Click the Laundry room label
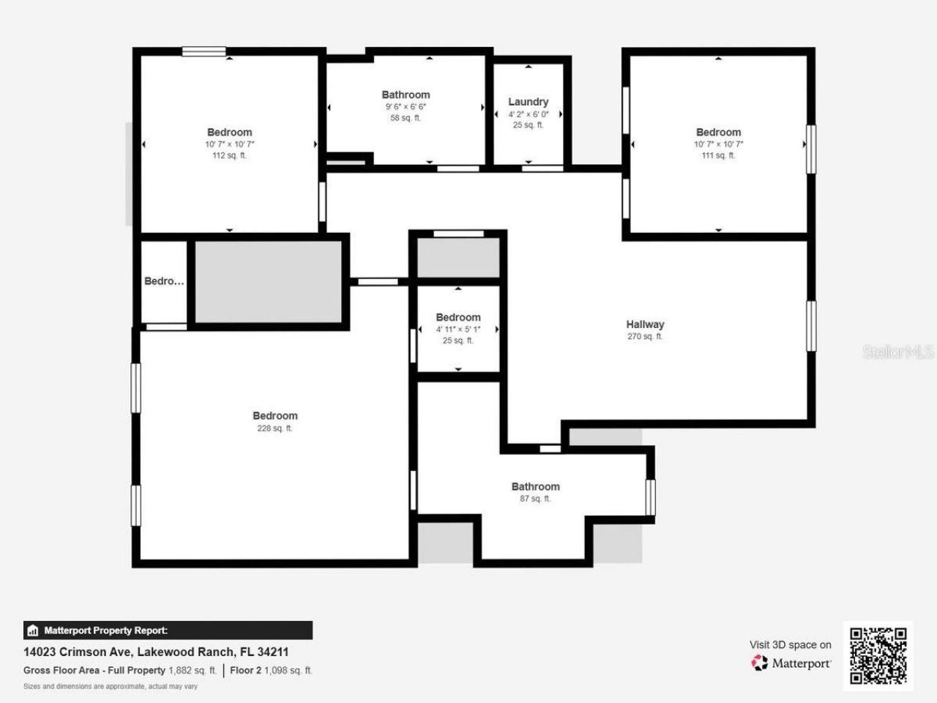[528, 102]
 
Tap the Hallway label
[645, 324]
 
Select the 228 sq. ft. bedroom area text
[275, 428]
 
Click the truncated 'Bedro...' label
[164, 281]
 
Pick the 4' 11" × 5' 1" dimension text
[458, 329]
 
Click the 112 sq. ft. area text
[229, 155]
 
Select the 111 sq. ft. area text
[718, 155]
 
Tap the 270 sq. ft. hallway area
[645, 337]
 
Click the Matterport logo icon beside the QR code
[760, 663]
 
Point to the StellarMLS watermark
[898, 352]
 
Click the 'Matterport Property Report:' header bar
[168, 631]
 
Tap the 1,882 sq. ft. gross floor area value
[192, 670]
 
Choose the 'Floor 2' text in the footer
[245, 670]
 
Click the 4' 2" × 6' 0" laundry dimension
[528, 114]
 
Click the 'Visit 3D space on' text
[790, 644]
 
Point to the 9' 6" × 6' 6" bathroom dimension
[406, 107]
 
